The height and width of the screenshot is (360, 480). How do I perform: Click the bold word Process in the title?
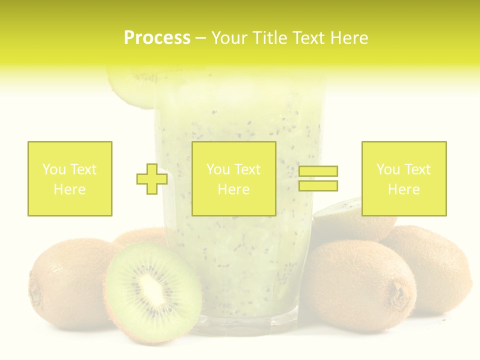157,38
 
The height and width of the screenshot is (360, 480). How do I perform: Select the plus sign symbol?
152,179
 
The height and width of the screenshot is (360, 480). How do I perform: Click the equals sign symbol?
318,178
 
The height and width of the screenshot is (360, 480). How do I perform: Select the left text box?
70,178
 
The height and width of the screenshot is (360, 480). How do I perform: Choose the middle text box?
234,178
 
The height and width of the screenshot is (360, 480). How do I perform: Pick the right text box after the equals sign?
404,178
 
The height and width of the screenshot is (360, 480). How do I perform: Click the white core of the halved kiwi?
150,288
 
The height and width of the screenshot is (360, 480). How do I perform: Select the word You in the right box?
388,169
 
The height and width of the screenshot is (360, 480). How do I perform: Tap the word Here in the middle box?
234,189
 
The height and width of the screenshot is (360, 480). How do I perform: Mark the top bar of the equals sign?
318,171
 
